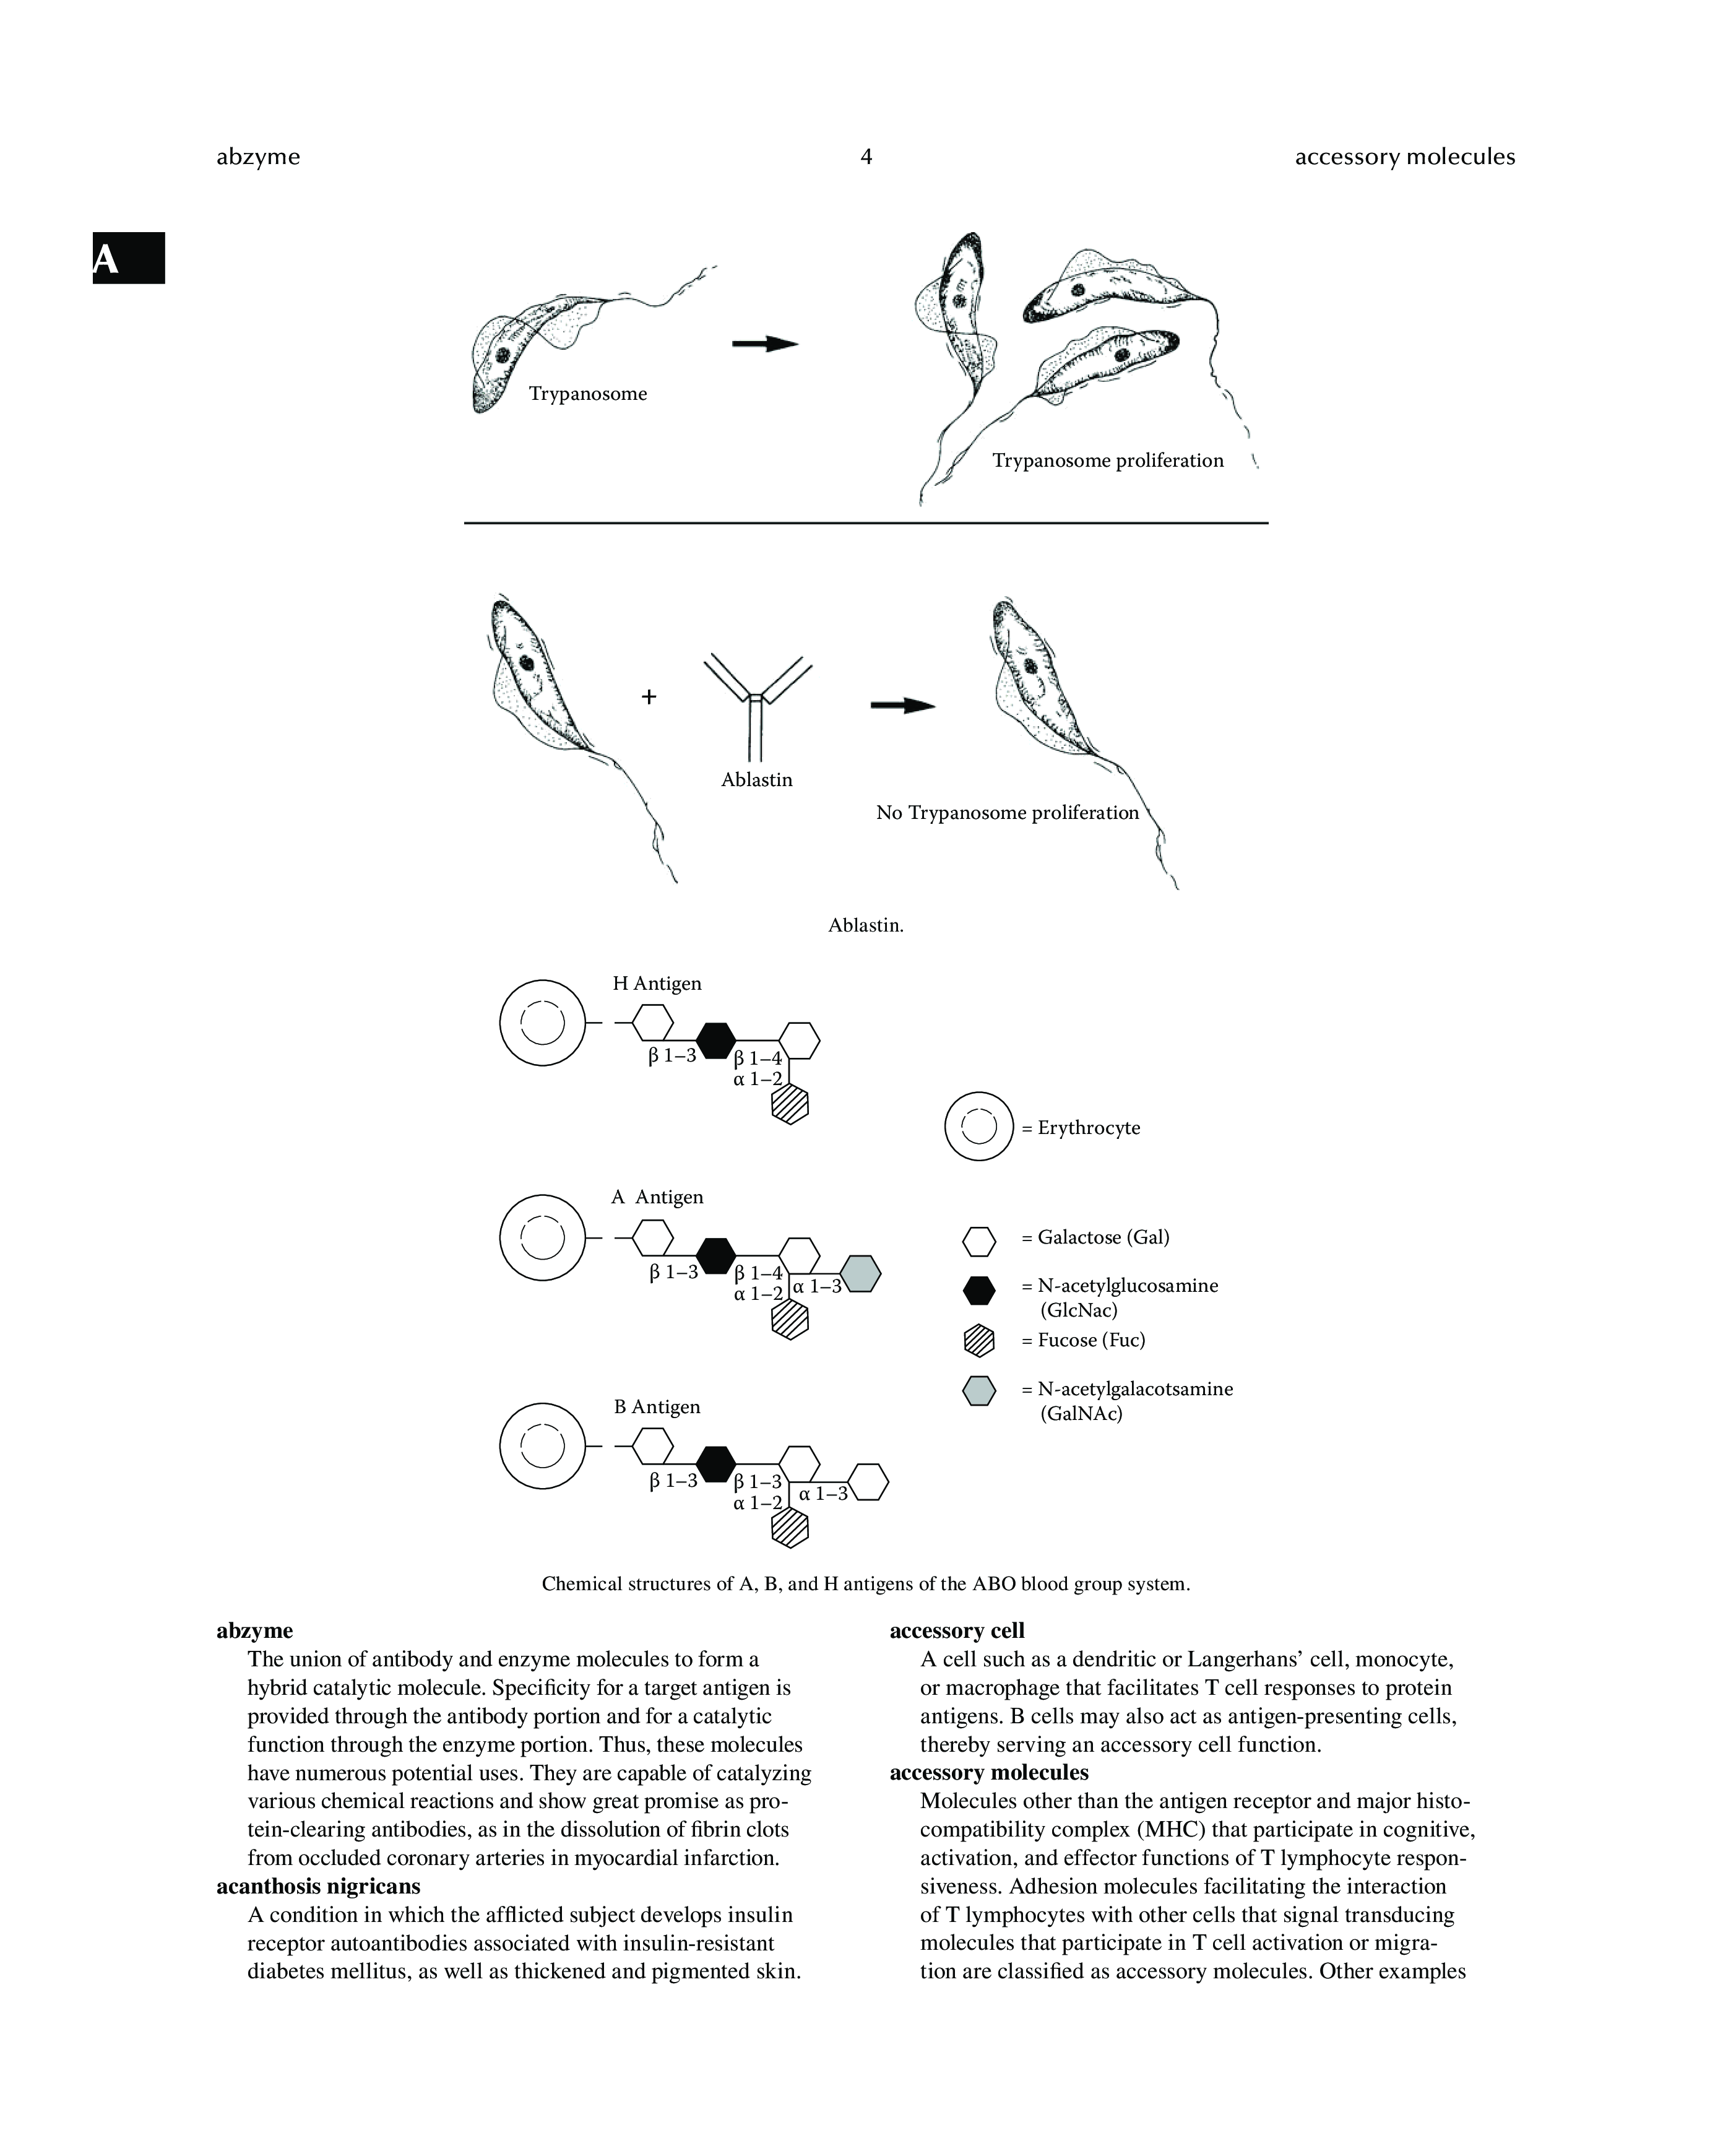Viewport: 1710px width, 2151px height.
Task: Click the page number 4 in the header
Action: coord(865,157)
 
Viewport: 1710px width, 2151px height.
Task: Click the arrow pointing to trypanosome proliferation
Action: coord(764,343)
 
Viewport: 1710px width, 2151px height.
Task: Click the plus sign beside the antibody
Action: coord(649,696)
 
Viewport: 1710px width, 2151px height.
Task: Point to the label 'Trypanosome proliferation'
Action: coord(1107,460)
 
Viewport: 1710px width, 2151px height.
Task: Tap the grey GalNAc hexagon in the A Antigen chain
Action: coord(860,1274)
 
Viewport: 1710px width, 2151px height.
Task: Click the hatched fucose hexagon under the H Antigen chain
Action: coord(789,1104)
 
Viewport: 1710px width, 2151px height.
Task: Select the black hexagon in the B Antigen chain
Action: coord(715,1463)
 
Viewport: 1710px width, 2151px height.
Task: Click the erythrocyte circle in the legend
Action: coord(978,1127)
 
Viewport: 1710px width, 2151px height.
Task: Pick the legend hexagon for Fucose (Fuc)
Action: coord(978,1340)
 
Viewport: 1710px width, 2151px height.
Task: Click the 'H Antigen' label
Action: coord(657,983)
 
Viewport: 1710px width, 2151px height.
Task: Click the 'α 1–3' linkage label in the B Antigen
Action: coord(823,1494)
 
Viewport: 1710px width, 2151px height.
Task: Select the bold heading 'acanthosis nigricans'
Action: coord(318,1885)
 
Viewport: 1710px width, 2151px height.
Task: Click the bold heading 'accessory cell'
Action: coord(957,1630)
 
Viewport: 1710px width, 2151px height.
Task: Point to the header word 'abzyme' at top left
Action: coord(257,157)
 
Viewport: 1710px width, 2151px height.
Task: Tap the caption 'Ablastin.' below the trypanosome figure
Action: coord(865,925)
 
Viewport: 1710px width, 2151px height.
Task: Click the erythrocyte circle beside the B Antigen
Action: coord(542,1447)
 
